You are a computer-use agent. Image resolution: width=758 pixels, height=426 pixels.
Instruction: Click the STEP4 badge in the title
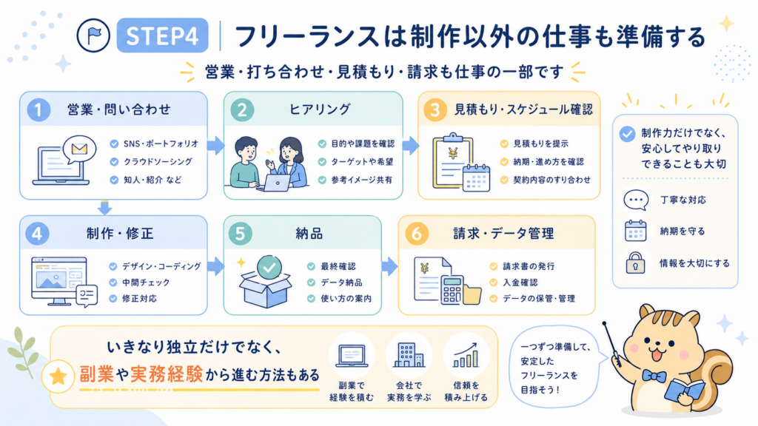click(x=162, y=35)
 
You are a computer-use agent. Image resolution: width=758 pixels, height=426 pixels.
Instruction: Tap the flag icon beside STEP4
click(x=93, y=35)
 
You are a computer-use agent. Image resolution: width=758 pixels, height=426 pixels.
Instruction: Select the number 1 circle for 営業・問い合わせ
click(x=38, y=109)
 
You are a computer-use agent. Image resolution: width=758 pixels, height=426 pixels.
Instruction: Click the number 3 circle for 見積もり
click(x=435, y=109)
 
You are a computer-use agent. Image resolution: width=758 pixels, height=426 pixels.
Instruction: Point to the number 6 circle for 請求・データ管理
click(x=416, y=234)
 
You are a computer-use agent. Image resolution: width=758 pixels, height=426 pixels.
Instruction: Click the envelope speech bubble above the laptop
click(x=79, y=149)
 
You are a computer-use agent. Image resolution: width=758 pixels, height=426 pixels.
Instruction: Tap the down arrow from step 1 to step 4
click(x=104, y=208)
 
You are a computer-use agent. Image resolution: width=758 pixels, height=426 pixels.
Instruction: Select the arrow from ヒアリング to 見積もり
click(x=410, y=146)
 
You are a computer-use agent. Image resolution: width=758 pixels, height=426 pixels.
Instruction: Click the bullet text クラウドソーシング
click(x=158, y=162)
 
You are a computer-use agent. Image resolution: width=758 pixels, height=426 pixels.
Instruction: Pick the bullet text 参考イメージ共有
click(x=361, y=180)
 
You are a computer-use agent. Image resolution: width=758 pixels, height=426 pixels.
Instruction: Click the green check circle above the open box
click(x=269, y=268)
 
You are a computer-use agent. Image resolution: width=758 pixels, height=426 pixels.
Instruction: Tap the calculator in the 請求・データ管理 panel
click(x=452, y=289)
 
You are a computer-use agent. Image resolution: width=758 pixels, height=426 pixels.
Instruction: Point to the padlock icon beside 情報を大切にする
click(x=635, y=263)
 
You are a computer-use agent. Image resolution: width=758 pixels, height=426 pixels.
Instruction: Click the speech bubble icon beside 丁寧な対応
click(x=636, y=200)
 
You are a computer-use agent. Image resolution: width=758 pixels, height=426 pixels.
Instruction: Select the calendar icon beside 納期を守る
click(x=635, y=231)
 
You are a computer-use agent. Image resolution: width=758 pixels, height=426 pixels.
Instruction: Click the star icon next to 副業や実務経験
click(x=58, y=376)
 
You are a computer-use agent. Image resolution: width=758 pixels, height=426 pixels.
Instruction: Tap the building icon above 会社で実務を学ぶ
click(x=409, y=356)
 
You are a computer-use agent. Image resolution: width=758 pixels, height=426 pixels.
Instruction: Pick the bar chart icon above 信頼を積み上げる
click(x=466, y=356)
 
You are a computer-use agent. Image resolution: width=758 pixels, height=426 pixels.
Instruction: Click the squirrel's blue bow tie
click(x=654, y=375)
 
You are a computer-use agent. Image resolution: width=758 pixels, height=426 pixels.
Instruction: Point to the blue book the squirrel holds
click(x=685, y=390)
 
